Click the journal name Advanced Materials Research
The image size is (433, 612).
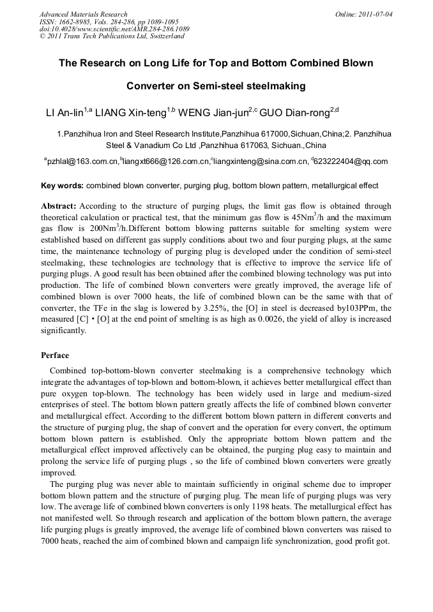(x=84, y=14)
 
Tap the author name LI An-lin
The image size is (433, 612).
(x=65, y=114)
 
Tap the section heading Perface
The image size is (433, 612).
(x=55, y=355)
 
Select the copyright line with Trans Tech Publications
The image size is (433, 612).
(x=112, y=36)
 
